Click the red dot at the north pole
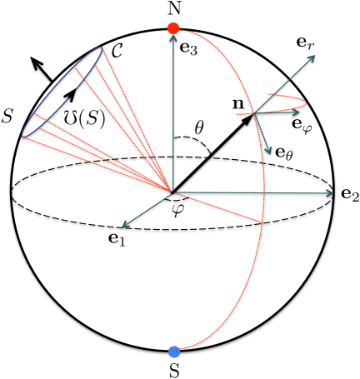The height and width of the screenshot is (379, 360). pos(173,28)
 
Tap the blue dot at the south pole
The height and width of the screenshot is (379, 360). pos(173,352)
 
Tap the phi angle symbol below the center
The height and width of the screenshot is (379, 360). pos(177,208)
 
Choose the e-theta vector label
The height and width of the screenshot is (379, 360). pos(285,153)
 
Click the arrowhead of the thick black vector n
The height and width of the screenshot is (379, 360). pos(250,117)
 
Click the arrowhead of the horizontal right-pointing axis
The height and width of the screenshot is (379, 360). pos(330,193)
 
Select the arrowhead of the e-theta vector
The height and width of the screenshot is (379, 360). pos(270,151)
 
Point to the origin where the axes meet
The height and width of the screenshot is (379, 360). pos(172,192)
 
